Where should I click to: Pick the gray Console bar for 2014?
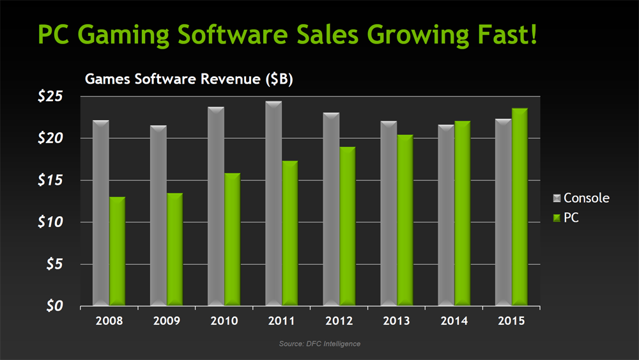tap(446, 215)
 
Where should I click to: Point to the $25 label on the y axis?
tap(58, 97)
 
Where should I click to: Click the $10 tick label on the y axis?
tap(58, 223)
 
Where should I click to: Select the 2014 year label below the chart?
tap(455, 320)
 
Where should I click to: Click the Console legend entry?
tap(586, 198)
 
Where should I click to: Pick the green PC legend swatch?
tap(556, 218)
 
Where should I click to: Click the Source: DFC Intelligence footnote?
tap(319, 344)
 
